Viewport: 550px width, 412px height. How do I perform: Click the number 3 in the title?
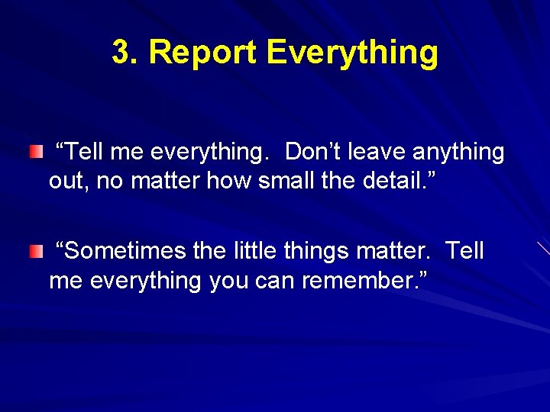pyautogui.click(x=121, y=53)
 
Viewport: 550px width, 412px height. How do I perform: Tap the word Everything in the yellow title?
pyautogui.click(x=353, y=53)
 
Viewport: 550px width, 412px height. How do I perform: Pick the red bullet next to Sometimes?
pyautogui.click(x=37, y=253)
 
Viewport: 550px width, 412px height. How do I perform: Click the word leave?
pyautogui.click(x=377, y=153)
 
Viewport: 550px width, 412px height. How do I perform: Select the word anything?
pyautogui.click(x=458, y=153)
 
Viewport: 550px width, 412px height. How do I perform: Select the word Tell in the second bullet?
pyautogui.click(x=464, y=251)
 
